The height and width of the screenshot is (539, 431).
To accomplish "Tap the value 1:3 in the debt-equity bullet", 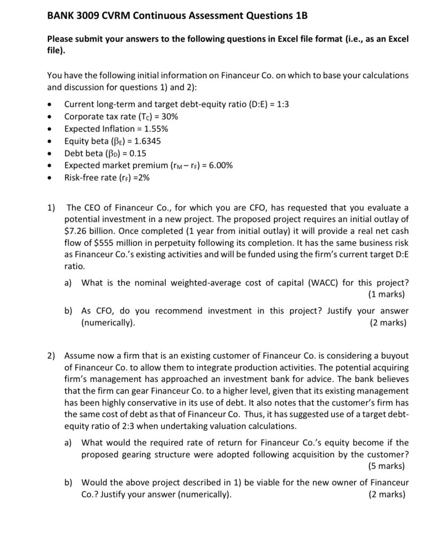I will [282, 104].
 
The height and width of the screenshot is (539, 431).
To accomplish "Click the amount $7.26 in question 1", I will [76, 231].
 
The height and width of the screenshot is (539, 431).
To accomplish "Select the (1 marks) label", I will [386, 294].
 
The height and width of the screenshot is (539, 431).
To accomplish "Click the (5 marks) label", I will [386, 466].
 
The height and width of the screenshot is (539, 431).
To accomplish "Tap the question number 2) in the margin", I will [51, 356].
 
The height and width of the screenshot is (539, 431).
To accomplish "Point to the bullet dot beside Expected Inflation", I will [50, 129].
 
